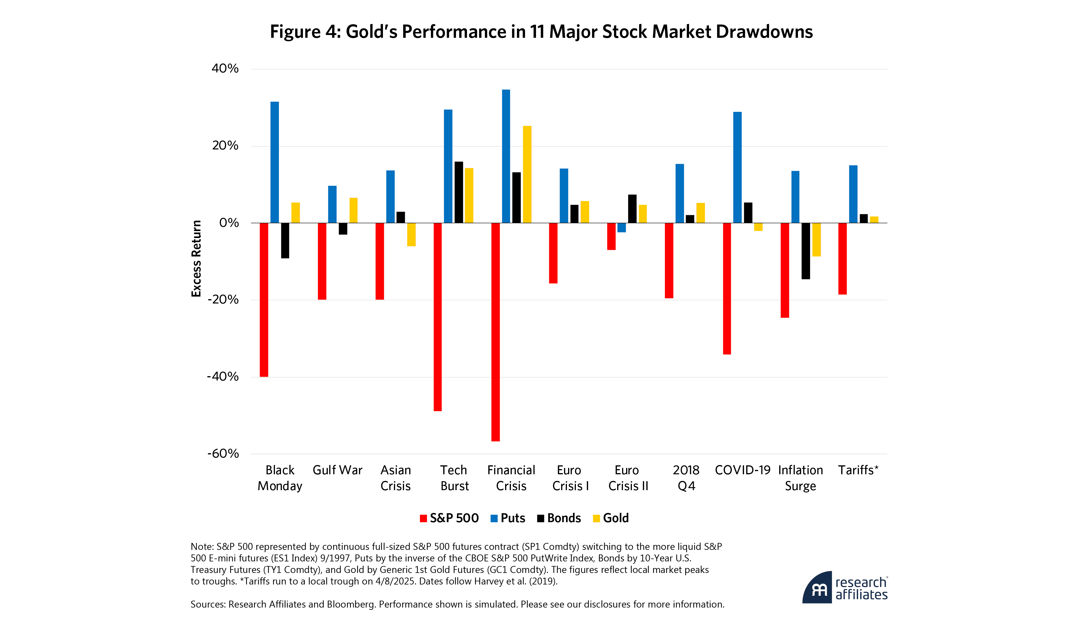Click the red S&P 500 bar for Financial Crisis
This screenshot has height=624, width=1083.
point(495,332)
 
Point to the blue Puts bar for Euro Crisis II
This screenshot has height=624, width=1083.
point(621,228)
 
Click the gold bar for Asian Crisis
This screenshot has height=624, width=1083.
point(411,235)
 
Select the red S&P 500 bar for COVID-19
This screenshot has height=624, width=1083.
point(727,288)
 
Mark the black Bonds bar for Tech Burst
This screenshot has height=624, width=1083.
point(459,192)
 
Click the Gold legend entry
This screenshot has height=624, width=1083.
point(611,518)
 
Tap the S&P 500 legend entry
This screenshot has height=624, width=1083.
point(449,518)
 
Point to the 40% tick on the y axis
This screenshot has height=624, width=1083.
point(225,69)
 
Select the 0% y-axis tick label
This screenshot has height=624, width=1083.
point(229,223)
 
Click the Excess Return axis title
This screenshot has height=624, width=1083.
point(196,258)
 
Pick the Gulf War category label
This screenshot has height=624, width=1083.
point(338,470)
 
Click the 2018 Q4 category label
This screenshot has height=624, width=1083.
point(686,478)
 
